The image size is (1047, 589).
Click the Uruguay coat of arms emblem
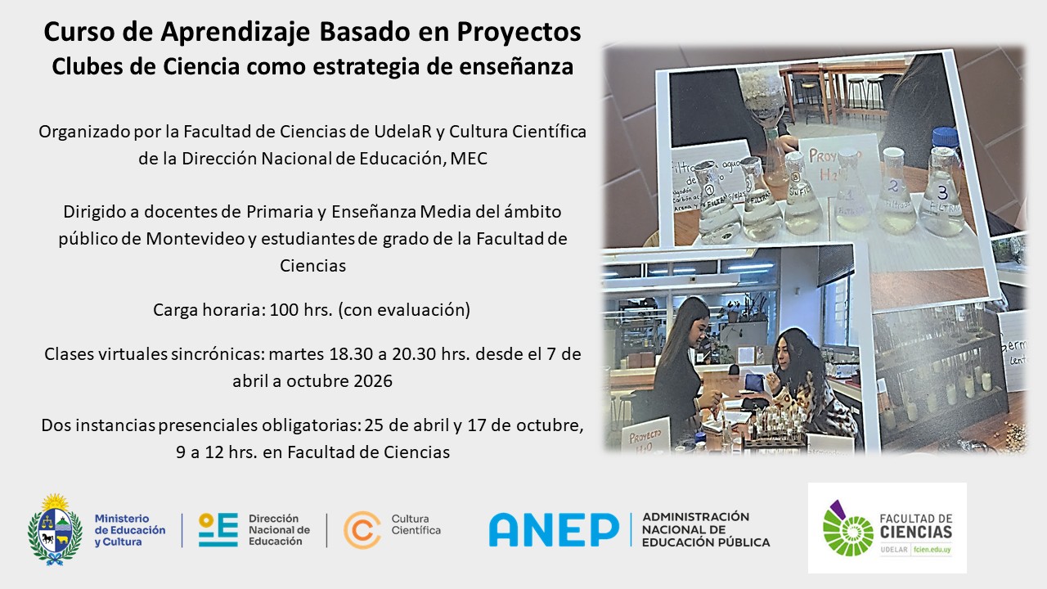55,529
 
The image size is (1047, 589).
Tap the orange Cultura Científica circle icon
362,529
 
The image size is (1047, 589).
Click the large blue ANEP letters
554,530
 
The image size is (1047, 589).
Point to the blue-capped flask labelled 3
941,187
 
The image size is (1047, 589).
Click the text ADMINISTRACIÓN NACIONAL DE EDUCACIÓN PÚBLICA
706,529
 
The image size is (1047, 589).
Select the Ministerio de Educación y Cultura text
129,529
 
